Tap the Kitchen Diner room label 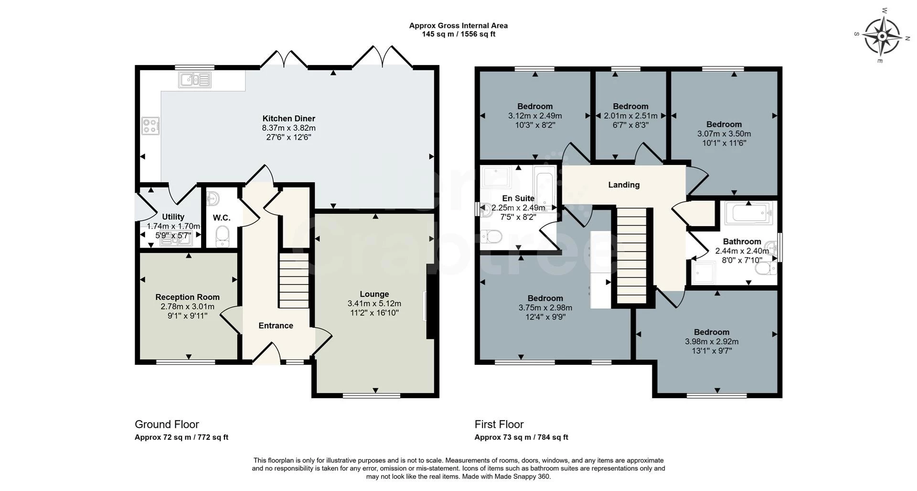[288, 119]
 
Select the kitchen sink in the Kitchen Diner [195, 80]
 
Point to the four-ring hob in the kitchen [150, 126]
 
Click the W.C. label [222, 218]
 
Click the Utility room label [173, 217]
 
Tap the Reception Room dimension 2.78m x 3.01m [187, 306]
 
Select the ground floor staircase [294, 281]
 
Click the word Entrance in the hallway [276, 326]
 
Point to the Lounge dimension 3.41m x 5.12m [374, 304]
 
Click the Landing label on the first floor [624, 185]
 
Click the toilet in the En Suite [491, 236]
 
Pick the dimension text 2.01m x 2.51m [630, 116]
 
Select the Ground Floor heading [167, 425]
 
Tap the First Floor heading [499, 425]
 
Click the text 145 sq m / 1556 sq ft [458, 34]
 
